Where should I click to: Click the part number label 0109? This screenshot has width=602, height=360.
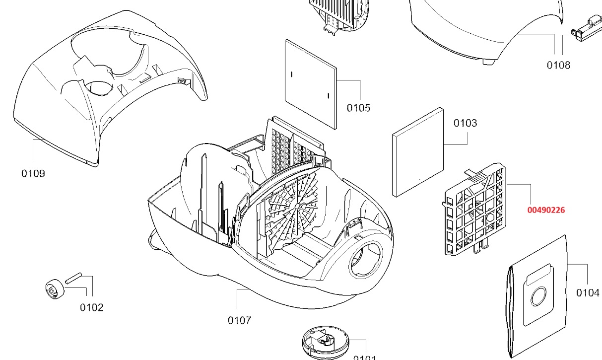33,173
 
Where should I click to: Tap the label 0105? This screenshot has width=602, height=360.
358,108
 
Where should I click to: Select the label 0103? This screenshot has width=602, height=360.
465,123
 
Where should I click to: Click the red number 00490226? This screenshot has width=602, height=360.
546,210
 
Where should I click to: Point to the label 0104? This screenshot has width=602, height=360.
588,292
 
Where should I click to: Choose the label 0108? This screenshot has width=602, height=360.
558,65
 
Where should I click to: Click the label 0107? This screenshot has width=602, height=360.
239,320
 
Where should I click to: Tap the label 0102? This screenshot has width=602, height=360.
92,307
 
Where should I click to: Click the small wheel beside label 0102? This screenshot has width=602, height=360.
54,289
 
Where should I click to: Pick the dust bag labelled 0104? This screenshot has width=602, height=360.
536,298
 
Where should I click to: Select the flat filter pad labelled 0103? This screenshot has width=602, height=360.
417,151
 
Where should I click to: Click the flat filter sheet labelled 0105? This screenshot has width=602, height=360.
311,83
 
